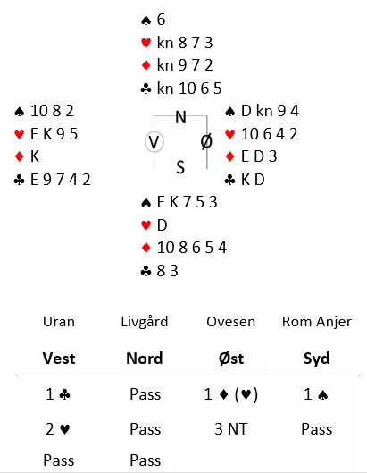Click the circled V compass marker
[154, 142]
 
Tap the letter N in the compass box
[180, 117]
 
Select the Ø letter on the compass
[206, 141]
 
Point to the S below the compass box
[180, 167]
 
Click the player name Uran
[59, 322]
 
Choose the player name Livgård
[145, 323]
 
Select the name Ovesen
[230, 322]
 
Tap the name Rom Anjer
[317, 322]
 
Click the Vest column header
[59, 359]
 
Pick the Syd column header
[317, 359]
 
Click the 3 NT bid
[230, 429]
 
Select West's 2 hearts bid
[58, 429]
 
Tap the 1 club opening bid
[58, 394]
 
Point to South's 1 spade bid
[316, 394]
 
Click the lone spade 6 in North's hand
[161, 20]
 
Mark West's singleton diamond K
[35, 156]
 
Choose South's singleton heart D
[163, 225]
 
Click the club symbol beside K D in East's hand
[229, 180]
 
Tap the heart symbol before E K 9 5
[20, 134]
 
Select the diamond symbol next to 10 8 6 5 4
[146, 248]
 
